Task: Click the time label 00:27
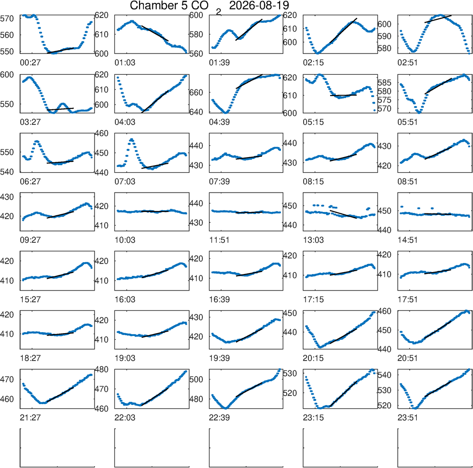30,63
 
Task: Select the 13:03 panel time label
313,240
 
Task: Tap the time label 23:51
408,418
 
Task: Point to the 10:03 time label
125,240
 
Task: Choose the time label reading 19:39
219,359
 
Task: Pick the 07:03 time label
125,182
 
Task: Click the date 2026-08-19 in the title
259,5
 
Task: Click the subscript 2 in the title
219,12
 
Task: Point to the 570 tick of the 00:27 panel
7,19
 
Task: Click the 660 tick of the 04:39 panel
196,92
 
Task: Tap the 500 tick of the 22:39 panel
196,380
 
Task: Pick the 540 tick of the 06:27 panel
7,172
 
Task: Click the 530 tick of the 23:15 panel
290,373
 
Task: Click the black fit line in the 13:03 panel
343,214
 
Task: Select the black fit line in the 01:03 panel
155,33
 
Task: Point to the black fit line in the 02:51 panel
438,19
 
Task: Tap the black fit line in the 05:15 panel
343,95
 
